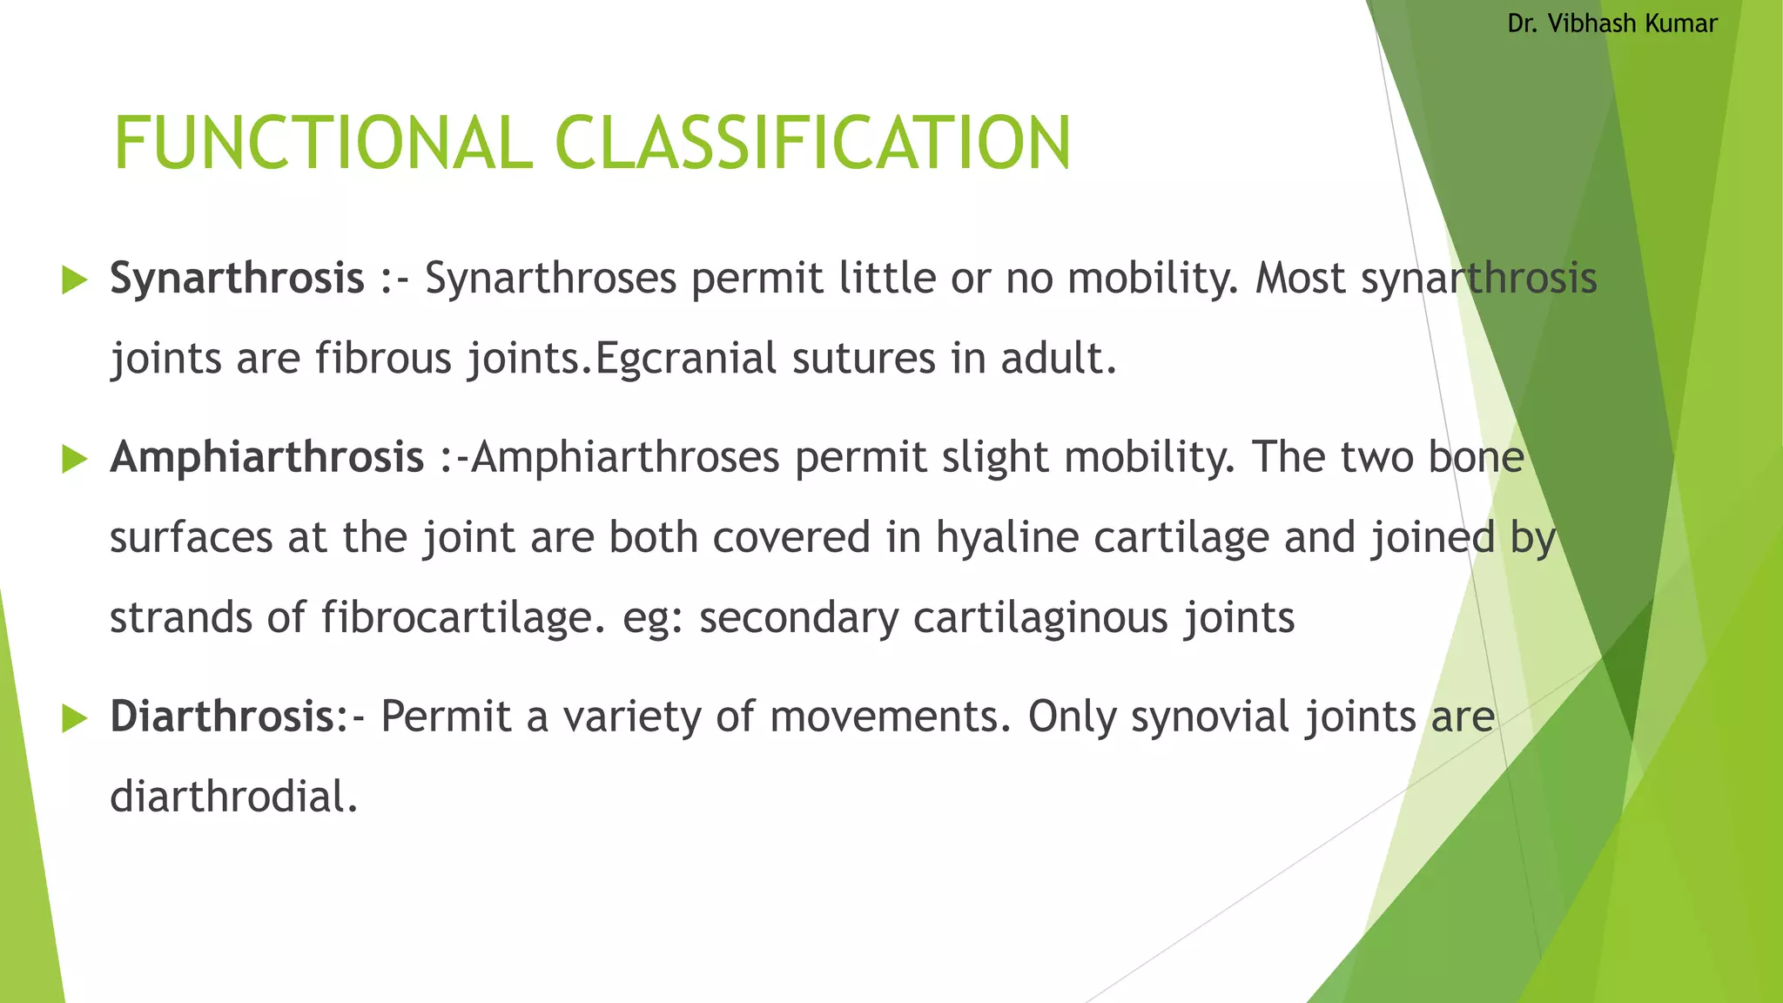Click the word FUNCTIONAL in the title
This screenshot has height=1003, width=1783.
[x=322, y=144]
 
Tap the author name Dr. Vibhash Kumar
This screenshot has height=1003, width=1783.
[x=1611, y=24]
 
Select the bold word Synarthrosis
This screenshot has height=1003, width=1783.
[x=237, y=279]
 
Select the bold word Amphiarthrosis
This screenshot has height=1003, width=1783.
[x=266, y=458]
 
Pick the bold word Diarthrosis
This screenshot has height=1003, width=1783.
[x=222, y=717]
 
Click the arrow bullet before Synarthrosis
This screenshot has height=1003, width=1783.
[x=76, y=280]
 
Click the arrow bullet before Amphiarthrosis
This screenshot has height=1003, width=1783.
[x=76, y=459]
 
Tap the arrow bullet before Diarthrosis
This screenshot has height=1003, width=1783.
[x=76, y=718]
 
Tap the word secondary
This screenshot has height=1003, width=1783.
[x=798, y=618]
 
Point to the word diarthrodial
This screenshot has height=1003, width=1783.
[x=233, y=798]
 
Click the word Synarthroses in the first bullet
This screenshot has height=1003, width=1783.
[x=550, y=279]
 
